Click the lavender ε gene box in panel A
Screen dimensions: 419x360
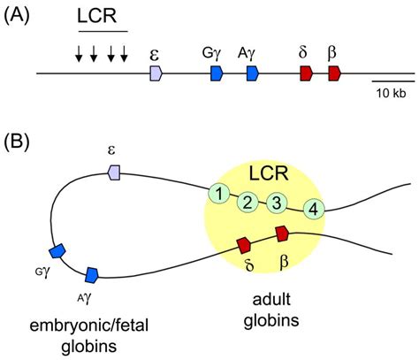click(x=156, y=73)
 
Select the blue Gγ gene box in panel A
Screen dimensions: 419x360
click(x=217, y=73)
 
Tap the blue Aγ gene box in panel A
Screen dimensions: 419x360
click(x=253, y=73)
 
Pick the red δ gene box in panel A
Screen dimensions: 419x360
click(x=307, y=73)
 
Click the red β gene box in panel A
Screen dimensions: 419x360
click(x=335, y=73)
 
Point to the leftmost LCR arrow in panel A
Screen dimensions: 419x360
click(x=79, y=54)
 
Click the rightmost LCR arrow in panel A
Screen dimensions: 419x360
click(x=124, y=54)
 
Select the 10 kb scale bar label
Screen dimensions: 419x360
click(x=391, y=93)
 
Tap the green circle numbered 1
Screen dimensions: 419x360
click(x=218, y=194)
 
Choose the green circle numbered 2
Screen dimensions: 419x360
click(x=248, y=203)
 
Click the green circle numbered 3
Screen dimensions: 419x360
click(x=277, y=203)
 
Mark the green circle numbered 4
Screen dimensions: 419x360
click(x=314, y=210)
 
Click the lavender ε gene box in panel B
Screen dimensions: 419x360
click(x=114, y=172)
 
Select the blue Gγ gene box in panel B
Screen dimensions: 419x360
click(x=57, y=251)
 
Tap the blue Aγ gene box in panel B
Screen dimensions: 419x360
click(x=92, y=275)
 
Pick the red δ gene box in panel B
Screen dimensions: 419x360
click(x=244, y=245)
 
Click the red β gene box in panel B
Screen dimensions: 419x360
click(x=282, y=234)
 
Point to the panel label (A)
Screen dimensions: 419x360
click(x=17, y=16)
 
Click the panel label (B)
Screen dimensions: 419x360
click(x=17, y=142)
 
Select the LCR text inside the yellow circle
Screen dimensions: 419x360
click(x=269, y=173)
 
